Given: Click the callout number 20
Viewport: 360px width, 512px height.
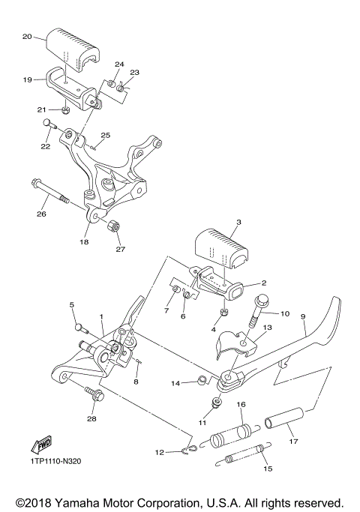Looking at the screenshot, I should click(x=27, y=36).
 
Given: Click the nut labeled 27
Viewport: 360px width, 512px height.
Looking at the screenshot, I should click(x=115, y=226).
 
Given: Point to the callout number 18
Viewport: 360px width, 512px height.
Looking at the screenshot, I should click(x=85, y=242).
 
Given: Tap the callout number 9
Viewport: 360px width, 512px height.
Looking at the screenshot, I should click(x=304, y=317).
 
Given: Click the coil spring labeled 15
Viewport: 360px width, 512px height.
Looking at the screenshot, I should click(x=242, y=455).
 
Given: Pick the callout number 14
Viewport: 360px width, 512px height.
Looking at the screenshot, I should click(x=175, y=383).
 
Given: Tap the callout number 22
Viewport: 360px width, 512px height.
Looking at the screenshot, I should click(x=46, y=147).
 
